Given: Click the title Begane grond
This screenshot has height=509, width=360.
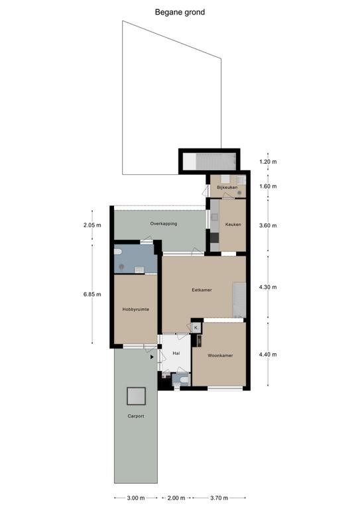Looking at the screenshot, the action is coord(180,13).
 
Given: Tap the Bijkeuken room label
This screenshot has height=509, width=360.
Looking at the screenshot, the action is coord(227,188).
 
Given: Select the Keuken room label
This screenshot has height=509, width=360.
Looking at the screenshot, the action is coord(233,224).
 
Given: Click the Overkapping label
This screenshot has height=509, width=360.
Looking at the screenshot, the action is coord(164,223).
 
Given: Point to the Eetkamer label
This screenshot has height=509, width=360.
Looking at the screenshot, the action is coord(202,290).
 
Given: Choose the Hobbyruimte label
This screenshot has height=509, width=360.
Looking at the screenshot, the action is coord(136,310).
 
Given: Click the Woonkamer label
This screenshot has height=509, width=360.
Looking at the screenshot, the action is coord(220,355).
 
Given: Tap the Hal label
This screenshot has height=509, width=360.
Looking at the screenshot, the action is coord(176,353).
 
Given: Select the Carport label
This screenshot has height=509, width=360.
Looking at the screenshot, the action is coord(136,416).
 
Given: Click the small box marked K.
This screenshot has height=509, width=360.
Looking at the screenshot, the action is coord(196,328).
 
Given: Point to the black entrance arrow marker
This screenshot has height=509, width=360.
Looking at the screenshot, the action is coord(152,357).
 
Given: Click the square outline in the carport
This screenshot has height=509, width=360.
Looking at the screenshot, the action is coord(136,396).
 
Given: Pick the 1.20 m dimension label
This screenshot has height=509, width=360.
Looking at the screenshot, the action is coord(268,162).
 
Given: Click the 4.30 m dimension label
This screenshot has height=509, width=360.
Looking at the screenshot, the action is coord(268,287).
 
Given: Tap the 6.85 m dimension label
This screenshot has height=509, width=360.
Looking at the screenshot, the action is coord(92,294).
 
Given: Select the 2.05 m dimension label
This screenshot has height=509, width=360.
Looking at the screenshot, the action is coord(92,225).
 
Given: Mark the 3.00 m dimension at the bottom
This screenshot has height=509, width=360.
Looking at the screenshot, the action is coord(136,498).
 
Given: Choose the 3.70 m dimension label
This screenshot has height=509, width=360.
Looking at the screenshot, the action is coord(219,498).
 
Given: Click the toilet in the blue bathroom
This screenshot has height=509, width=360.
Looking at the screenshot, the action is coord(117,252).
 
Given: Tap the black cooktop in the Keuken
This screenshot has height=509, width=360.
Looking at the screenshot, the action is coord(214,238).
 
